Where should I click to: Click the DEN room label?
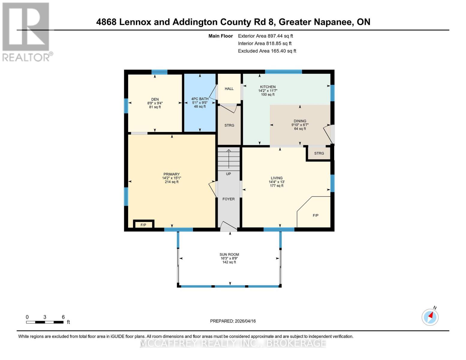pyautogui.click(x=155, y=99)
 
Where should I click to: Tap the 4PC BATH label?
pyautogui.click(x=200, y=99)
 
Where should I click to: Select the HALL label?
pyautogui.click(x=229, y=88)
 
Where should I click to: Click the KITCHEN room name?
pyautogui.click(x=268, y=87)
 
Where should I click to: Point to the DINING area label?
pyautogui.click(x=300, y=121)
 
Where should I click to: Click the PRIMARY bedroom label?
pyautogui.click(x=171, y=174)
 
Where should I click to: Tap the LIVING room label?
pyautogui.click(x=276, y=178)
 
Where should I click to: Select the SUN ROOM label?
pyautogui.click(x=229, y=254)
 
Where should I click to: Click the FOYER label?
pyautogui.click(x=228, y=199)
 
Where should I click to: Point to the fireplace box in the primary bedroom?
pyautogui.click(x=143, y=224)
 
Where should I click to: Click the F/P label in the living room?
pyautogui.click(x=315, y=215)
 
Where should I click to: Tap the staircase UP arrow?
pyautogui.click(x=229, y=159)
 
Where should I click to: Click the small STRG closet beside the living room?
pyautogui.click(x=319, y=153)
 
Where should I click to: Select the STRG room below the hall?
pyautogui.click(x=229, y=125)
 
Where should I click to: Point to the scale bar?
pyautogui.click(x=45, y=322)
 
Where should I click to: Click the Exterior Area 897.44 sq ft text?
pyautogui.click(x=265, y=36)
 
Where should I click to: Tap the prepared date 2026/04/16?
pyautogui.click(x=233, y=321)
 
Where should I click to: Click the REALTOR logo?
pyautogui.click(x=26, y=31)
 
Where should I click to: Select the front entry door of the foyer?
pyautogui.click(x=228, y=227)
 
